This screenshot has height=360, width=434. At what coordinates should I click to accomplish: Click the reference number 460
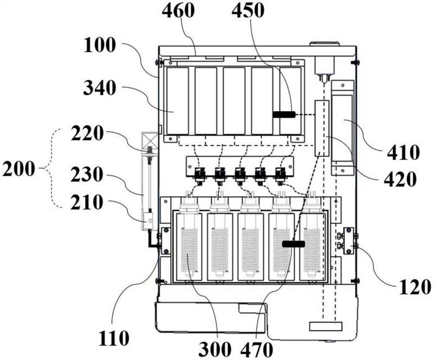(178, 11)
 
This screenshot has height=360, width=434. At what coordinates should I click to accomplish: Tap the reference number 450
(248, 11)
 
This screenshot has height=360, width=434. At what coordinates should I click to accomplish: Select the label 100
(100, 45)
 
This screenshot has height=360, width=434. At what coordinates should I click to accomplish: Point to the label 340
(99, 88)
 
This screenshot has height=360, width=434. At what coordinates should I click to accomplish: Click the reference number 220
(87, 134)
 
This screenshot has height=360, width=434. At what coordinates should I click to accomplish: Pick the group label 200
(18, 169)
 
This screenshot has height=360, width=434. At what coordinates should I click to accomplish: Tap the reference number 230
(87, 175)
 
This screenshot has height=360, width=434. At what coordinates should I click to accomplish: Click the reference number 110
(114, 338)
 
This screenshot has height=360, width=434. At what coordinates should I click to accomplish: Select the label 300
(214, 350)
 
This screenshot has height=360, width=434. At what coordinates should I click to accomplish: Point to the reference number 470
(257, 350)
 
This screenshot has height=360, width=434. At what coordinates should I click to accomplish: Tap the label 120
(415, 287)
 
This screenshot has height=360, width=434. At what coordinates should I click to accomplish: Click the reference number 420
(400, 179)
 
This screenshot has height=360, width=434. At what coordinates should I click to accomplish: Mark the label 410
(403, 152)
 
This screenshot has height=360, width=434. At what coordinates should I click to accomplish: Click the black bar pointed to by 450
(284, 114)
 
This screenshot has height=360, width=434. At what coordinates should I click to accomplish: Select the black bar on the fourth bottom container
(293, 244)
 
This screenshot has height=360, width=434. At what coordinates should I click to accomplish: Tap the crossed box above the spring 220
(150, 140)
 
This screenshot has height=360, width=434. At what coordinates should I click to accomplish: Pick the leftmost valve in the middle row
(199, 175)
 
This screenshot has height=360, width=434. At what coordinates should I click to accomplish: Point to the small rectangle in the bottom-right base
(326, 326)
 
